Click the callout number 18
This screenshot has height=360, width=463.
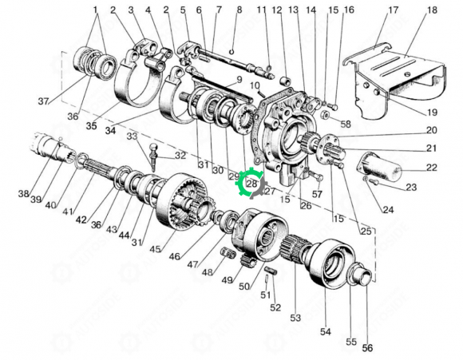tap(432, 10)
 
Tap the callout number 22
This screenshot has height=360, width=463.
tap(431, 168)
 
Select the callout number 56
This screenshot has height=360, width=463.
tap(367, 347)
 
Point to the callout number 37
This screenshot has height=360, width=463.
tap(43, 101)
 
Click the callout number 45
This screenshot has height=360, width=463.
tap(155, 249)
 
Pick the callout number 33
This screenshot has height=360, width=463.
tap(133, 136)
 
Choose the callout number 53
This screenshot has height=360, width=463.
tap(295, 318)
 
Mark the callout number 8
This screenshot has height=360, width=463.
tap(239, 10)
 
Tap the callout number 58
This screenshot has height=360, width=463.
tap(346, 124)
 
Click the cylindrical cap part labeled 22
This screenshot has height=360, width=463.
tap(380, 167)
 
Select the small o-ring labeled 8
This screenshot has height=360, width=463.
tap(231, 52)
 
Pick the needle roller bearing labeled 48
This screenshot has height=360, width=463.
tap(228, 253)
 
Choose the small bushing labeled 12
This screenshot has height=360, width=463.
tap(285, 81)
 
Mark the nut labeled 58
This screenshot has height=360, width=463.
tap(326, 114)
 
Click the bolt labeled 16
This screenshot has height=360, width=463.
tap(334, 107)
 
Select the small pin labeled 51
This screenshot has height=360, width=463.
tap(267, 279)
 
